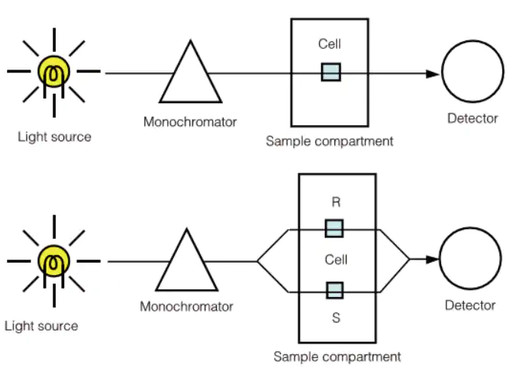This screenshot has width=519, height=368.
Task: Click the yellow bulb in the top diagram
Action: click(53, 73)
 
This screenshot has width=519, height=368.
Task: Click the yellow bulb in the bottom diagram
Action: click(53, 262)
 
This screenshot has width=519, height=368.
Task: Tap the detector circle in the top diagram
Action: click(473, 73)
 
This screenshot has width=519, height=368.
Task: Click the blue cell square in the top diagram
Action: click(330, 73)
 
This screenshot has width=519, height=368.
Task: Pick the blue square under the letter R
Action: click(334, 228)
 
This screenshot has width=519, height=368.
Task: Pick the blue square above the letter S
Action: click(334, 290)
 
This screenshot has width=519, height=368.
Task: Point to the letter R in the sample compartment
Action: click(336, 203)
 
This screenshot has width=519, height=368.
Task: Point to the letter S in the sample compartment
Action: click(336, 317)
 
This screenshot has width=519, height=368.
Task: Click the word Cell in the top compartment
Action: click(330, 44)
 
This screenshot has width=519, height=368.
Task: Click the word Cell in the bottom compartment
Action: click(336, 260)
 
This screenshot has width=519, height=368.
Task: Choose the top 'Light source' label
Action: click(54, 137)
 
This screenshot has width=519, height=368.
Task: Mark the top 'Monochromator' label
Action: click(190, 122)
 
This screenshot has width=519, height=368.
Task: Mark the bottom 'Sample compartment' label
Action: click(337, 357)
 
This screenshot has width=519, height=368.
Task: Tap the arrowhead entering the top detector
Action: click(433, 73)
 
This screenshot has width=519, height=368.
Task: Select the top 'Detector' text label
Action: click(472, 118)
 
